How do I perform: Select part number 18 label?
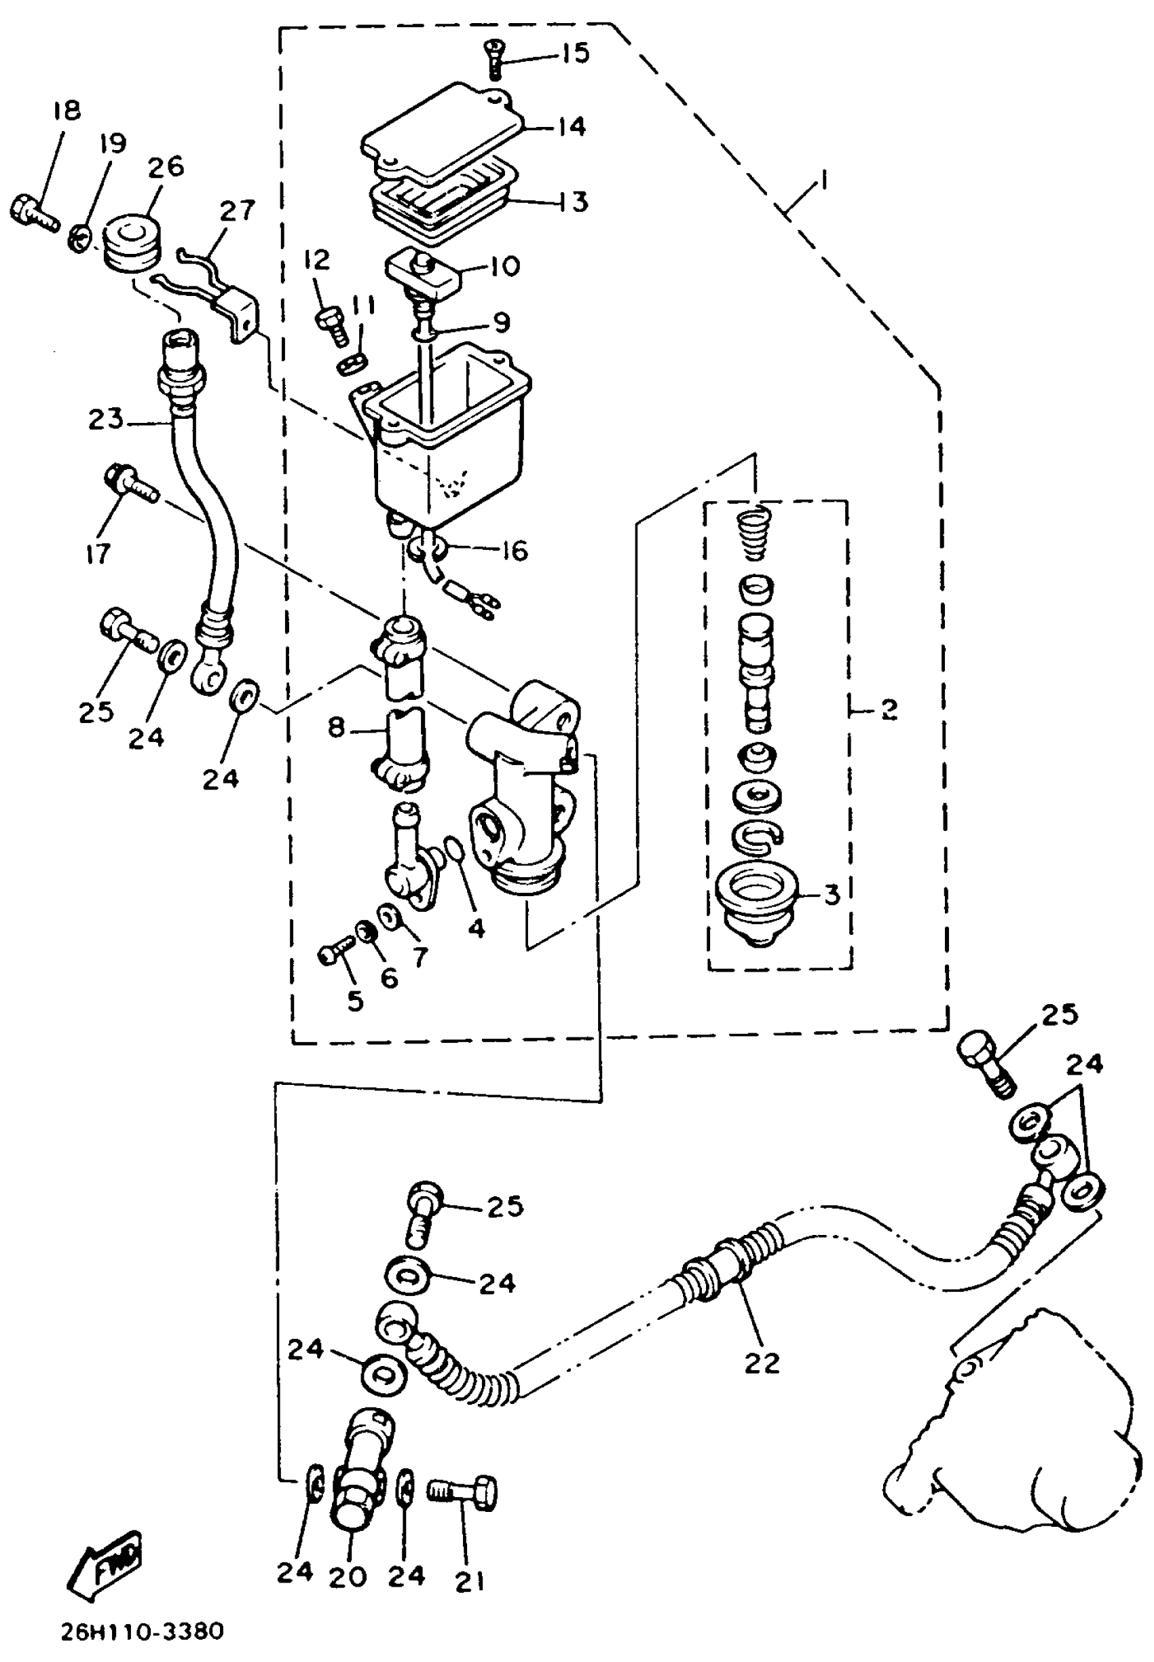click(67, 111)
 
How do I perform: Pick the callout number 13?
click(576, 202)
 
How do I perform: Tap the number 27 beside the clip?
click(237, 210)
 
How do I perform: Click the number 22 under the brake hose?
click(762, 1363)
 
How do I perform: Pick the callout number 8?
click(336, 727)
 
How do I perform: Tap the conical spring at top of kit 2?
click(754, 533)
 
